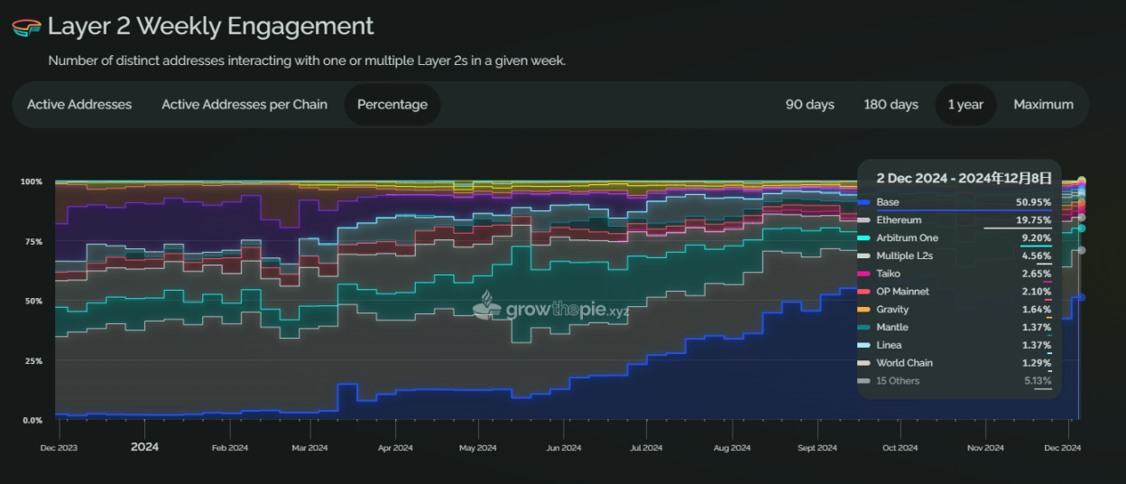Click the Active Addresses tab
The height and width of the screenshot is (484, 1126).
click(79, 105)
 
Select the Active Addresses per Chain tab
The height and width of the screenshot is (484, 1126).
click(245, 105)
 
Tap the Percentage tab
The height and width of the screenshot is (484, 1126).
click(392, 105)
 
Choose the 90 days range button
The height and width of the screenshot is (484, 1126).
click(809, 105)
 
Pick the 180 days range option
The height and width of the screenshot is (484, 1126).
click(891, 105)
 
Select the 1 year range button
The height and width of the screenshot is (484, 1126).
click(965, 105)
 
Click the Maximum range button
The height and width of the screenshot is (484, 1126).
click(1043, 105)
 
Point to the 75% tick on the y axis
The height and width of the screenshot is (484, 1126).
click(32, 242)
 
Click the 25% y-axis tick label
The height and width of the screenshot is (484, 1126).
click(32, 361)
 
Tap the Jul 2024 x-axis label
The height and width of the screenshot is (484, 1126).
click(646, 448)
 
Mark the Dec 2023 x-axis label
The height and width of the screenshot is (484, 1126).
click(60, 448)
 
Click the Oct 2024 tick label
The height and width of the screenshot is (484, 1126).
click(900, 448)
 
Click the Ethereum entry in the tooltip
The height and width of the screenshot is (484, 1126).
click(899, 220)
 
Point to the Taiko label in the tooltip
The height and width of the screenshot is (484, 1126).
click(889, 274)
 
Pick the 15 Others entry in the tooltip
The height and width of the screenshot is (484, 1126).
click(898, 381)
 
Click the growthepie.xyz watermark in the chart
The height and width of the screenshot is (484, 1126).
click(552, 310)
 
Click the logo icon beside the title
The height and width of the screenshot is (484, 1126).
click(26, 27)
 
